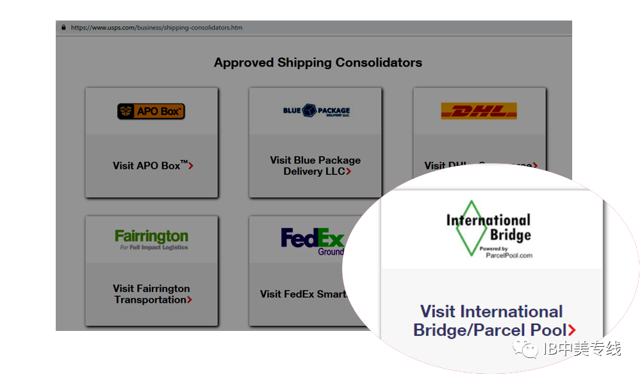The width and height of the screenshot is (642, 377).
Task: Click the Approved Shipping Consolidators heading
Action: [318, 63]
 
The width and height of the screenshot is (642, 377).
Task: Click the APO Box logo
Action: [151, 111]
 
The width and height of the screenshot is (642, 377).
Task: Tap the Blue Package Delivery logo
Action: [317, 111]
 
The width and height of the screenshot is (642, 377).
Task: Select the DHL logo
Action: [479, 111]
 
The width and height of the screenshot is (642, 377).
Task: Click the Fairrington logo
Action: [151, 239]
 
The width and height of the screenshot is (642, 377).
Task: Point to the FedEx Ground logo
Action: [313, 241]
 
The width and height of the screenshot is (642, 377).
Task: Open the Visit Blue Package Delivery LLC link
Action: [315, 166]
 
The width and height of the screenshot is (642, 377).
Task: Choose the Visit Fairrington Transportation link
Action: [151, 294]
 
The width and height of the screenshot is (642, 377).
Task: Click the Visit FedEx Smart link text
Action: [302, 294]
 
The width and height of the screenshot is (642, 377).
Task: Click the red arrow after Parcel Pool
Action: [572, 330]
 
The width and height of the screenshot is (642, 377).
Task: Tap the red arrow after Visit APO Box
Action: [192, 166]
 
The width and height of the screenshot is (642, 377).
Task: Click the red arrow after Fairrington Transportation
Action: [190, 300]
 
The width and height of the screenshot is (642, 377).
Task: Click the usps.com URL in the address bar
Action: [156, 28]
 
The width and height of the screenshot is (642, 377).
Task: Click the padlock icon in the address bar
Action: [63, 28]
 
